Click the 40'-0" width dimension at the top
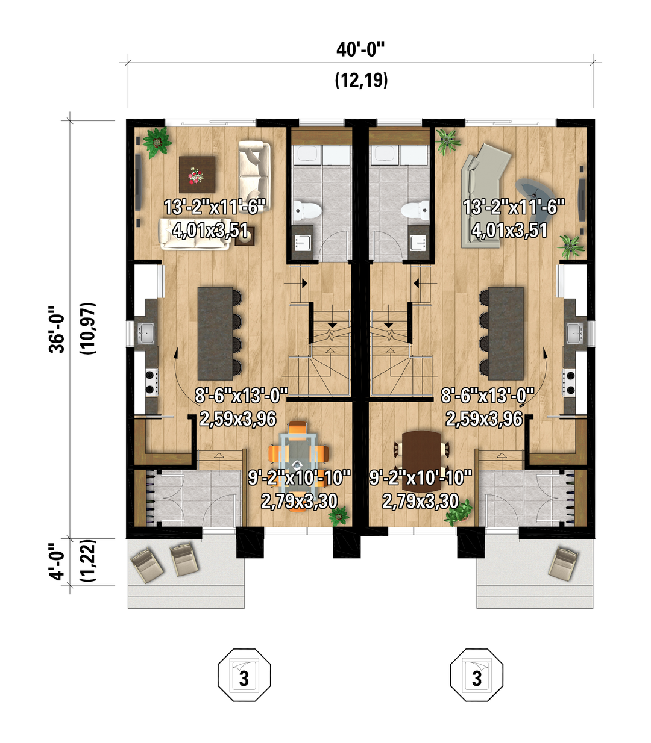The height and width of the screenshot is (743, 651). click(360, 50)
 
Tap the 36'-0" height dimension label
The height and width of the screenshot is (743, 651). click(57, 329)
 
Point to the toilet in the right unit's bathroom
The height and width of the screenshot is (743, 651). click(415, 211)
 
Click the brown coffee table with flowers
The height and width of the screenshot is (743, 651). click(197, 175)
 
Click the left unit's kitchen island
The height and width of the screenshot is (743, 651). click(215, 334)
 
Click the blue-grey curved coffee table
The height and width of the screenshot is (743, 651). click(535, 193)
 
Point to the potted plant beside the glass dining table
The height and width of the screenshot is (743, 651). click(338, 515)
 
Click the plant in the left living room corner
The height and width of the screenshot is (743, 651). click(157, 142)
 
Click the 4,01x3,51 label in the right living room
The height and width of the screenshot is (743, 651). click(509, 231)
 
